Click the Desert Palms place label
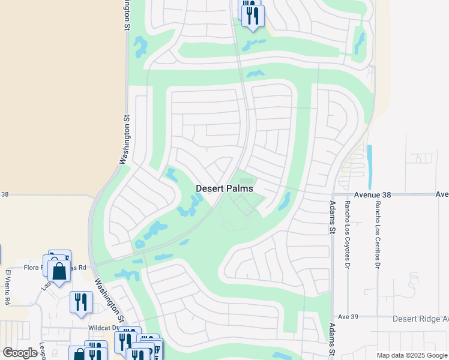(x=224, y=188)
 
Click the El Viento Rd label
(x=8, y=287)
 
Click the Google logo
(x=20, y=353)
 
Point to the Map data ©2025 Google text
(x=412, y=355)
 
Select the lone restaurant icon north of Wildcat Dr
(x=81, y=301)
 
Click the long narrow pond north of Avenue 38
(x=369, y=166)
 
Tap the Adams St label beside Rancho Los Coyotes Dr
(x=331, y=217)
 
